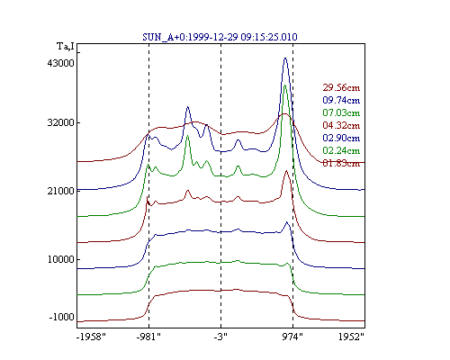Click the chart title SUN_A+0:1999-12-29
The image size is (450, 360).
pos(190,37)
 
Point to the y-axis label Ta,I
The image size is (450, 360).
pos(66,47)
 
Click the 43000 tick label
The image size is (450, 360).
pos(60,63)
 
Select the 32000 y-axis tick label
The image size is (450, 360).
pos(60,122)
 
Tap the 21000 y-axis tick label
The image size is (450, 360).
pos(60,191)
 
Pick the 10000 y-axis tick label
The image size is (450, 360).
pos(60,259)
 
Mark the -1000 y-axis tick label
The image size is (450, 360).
pos(61,317)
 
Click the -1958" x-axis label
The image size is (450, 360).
pos(91,337)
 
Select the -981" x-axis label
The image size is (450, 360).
pos(148,337)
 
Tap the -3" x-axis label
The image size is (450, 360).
pos(220,337)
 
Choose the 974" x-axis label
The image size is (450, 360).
pos(292,337)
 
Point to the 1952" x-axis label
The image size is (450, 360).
pos(351,337)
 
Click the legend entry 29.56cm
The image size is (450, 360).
pos(341,87)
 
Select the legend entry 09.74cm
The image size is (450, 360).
pos(341,100)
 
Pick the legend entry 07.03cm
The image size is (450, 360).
pos(341,112)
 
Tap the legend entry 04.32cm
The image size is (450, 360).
pos(341,125)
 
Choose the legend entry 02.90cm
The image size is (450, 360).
pos(341,138)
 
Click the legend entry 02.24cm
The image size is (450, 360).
pos(341,150)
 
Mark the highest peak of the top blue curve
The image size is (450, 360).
pos(285,58)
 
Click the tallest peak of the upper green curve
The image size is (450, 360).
pos(284,85)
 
